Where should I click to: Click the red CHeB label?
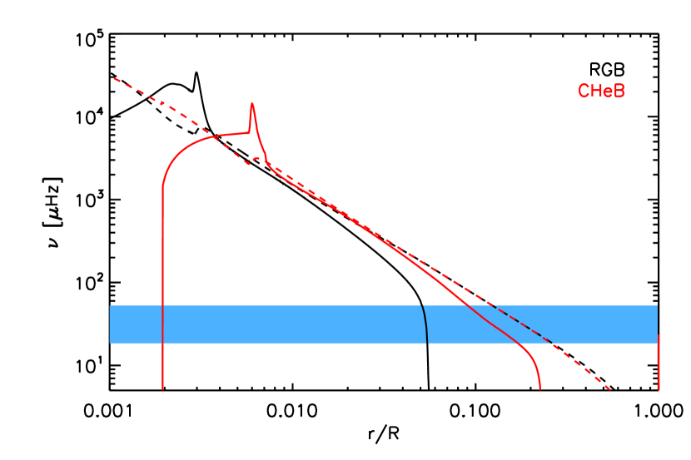[601, 92]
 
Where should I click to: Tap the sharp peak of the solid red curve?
[251, 103]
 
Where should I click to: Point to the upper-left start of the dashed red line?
[114, 79]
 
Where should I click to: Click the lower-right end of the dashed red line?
[610, 388]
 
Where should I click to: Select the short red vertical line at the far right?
[659, 363]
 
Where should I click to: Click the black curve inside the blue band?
[425, 324]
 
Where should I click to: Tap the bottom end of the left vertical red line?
[162, 388]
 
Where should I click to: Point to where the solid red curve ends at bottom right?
[539, 388]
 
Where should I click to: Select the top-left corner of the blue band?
[110, 305]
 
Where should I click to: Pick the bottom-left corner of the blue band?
[110, 343]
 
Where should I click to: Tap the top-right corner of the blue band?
[658, 305]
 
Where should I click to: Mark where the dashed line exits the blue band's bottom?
[553, 343]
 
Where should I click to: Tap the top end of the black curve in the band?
[422, 306]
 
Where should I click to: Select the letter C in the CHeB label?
[584, 92]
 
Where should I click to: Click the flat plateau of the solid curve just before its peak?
[233, 133]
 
